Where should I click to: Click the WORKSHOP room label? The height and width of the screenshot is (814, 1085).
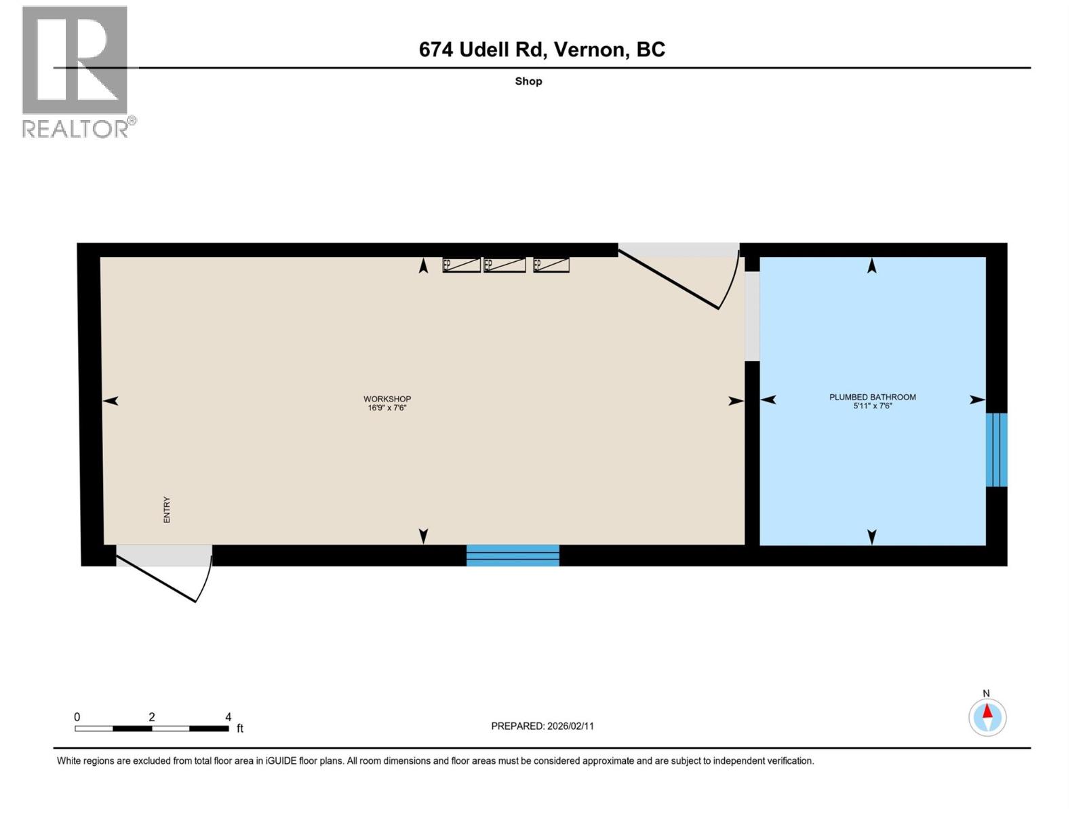coord(387,399)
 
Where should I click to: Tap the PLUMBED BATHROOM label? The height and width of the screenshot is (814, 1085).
coord(872,397)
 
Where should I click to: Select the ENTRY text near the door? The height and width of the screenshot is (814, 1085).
coord(167,509)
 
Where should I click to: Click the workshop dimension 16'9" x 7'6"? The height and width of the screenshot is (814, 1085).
coord(387,408)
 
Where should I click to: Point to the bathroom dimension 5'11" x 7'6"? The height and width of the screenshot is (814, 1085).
coord(872,406)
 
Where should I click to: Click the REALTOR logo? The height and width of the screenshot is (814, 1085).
coord(76,71)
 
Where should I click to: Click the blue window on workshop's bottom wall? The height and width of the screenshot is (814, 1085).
coord(513,555)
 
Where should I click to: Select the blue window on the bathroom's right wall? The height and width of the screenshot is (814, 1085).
coord(996,450)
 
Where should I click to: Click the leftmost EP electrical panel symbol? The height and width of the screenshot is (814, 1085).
coord(461,265)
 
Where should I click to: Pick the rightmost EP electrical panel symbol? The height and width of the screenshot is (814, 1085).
coord(551,265)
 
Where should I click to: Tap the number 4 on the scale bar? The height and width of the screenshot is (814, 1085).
coord(228,716)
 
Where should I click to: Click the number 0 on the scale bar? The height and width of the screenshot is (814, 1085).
coord(77,716)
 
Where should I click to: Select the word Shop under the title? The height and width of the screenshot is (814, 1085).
coord(528,81)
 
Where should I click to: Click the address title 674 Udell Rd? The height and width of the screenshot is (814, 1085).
coord(541,50)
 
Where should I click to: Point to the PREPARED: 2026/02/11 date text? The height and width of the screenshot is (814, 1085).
coord(542,726)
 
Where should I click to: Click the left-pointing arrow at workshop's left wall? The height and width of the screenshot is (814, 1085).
coord(111,401)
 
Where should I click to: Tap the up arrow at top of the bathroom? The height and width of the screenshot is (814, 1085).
coord(872,266)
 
